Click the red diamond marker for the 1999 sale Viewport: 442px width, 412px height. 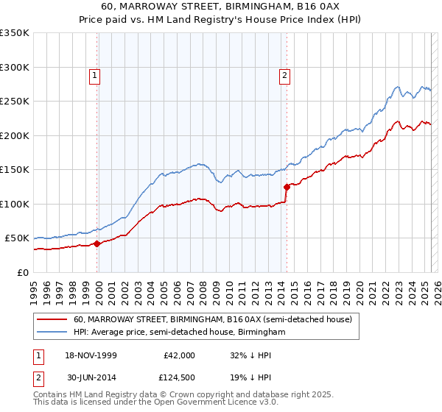click(x=97, y=244)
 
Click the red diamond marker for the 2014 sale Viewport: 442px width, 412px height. click(x=287, y=187)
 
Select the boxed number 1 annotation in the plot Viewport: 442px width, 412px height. click(x=96, y=74)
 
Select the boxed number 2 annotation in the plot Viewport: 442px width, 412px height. click(x=284, y=74)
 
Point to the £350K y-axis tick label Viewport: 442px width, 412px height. click(x=14, y=33)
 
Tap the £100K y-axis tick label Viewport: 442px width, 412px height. click(x=14, y=204)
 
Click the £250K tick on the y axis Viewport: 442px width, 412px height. click(x=14, y=102)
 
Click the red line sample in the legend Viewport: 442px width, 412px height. click(x=52, y=320)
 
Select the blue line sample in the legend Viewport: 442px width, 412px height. click(x=52, y=333)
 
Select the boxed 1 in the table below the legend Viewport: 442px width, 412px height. click(x=38, y=355)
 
